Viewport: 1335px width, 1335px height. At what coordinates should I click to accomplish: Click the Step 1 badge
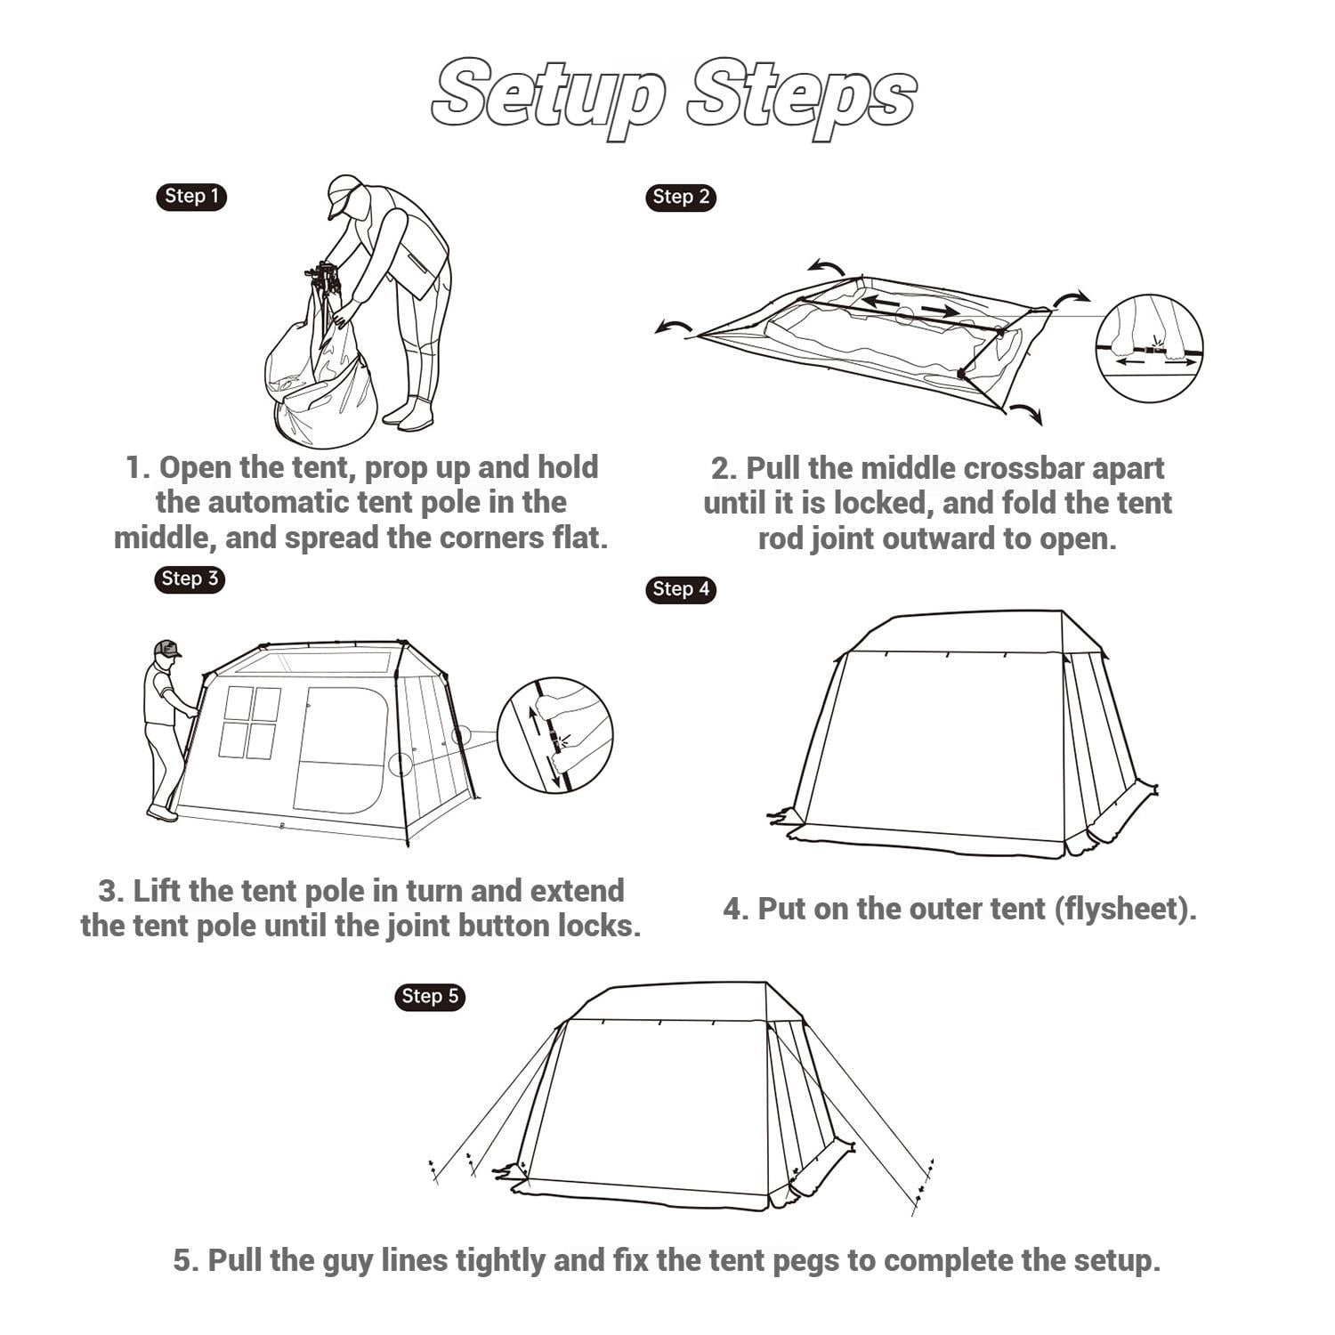point(191,197)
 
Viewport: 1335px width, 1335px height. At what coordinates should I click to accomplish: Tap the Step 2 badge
point(681,198)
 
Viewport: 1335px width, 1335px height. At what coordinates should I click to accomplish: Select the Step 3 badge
point(190,579)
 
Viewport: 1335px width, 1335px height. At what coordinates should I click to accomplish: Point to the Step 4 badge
point(681,589)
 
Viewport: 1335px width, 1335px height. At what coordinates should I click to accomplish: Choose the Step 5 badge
point(430,997)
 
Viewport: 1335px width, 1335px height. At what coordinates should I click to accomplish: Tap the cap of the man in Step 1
point(344,193)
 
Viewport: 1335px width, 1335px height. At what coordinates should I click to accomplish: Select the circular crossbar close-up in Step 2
point(1149,349)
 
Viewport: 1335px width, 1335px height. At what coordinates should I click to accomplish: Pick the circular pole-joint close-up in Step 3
point(554,735)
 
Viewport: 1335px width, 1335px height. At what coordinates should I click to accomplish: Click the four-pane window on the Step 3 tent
point(250,722)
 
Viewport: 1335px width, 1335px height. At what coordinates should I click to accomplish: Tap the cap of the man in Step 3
point(166,648)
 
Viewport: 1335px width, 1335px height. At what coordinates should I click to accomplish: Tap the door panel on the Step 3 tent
point(343,749)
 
